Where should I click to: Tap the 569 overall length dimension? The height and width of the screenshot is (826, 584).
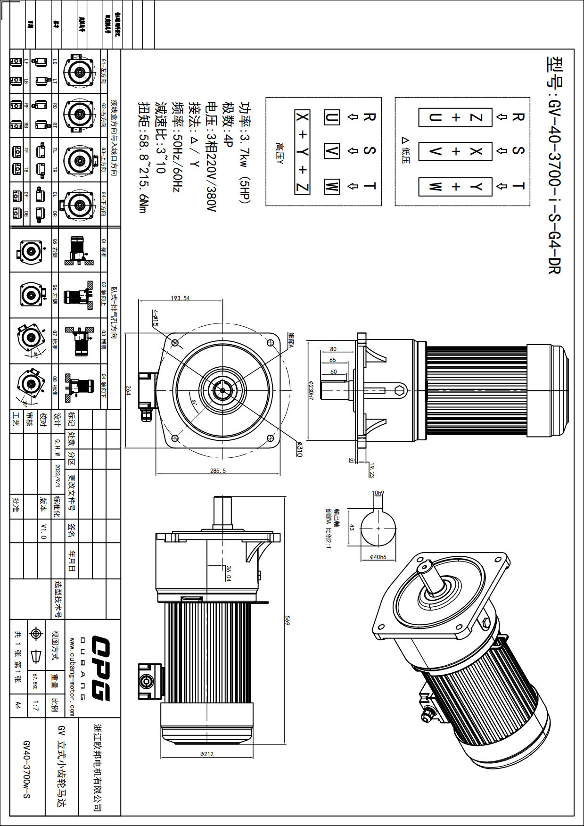(x=287, y=621)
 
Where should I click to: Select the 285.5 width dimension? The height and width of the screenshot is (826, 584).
(x=218, y=471)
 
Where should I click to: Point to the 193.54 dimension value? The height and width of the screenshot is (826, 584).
(x=180, y=298)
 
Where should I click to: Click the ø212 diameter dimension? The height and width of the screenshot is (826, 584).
(x=207, y=754)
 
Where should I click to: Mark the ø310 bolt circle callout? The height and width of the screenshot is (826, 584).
(x=299, y=448)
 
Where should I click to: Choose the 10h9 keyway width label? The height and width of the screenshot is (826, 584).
(x=378, y=493)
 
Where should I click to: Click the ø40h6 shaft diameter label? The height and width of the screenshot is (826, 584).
(x=378, y=557)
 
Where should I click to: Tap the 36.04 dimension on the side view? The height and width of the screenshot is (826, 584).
(x=228, y=573)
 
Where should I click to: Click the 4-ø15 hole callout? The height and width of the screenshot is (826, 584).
(x=155, y=318)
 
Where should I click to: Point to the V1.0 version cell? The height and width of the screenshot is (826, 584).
(x=43, y=531)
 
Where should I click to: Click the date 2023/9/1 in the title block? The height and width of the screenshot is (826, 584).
(x=58, y=476)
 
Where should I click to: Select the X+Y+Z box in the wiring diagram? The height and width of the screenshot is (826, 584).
(x=302, y=152)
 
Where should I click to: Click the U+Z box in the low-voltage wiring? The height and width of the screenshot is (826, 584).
(x=455, y=117)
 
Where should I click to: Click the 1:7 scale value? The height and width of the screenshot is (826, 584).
(x=36, y=705)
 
